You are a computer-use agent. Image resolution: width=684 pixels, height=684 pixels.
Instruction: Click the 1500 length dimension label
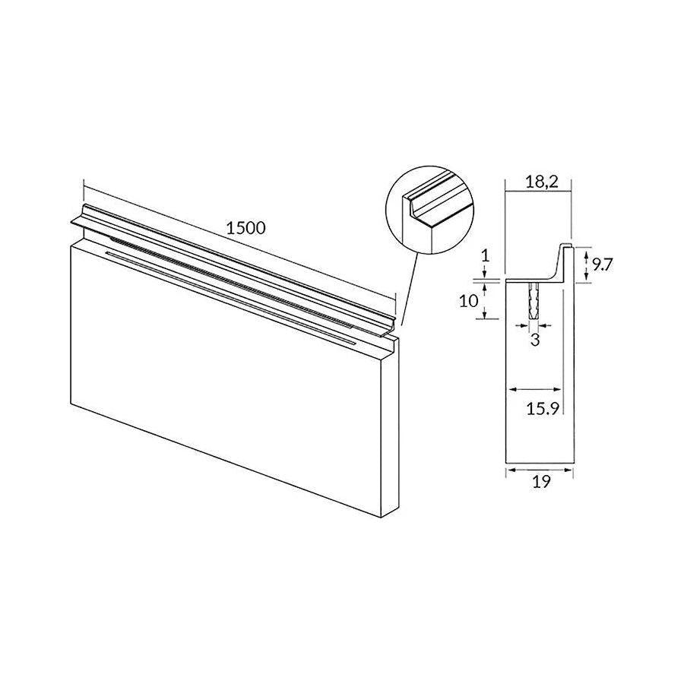246,228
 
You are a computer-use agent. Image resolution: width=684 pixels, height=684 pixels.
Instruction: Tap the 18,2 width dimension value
541,182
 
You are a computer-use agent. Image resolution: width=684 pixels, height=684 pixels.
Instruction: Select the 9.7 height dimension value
603,264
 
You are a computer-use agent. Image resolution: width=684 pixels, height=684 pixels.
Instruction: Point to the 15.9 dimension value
543,409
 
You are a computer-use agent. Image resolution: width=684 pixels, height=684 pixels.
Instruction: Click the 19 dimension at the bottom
541,482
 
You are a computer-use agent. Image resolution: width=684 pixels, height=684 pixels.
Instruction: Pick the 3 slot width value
535,340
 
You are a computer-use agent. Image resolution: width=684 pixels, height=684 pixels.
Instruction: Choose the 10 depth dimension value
469,301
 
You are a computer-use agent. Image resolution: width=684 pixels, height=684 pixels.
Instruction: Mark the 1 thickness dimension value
486,255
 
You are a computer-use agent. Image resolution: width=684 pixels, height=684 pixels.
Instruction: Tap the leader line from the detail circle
410,288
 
